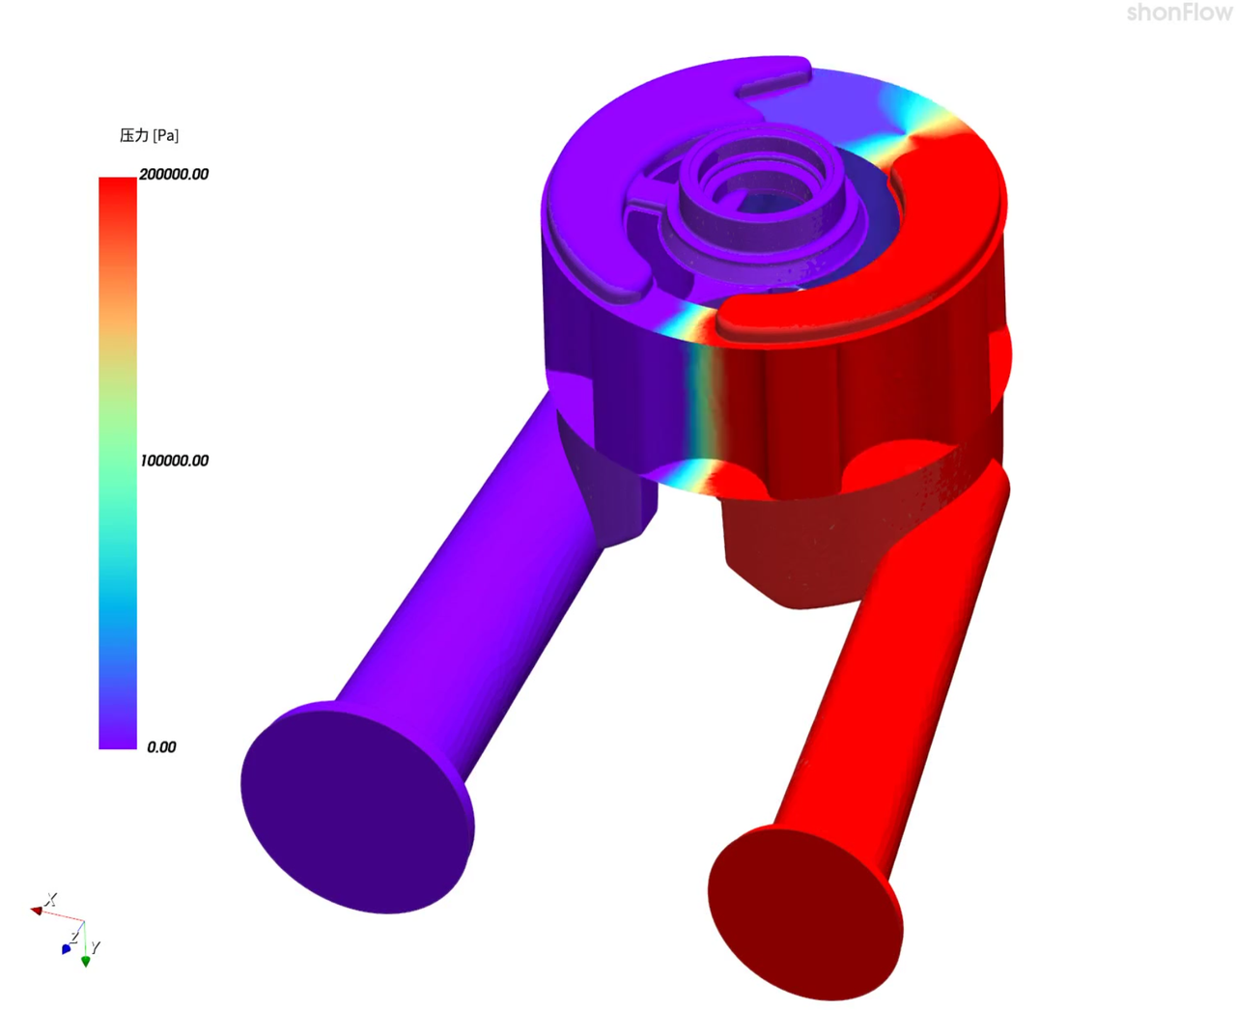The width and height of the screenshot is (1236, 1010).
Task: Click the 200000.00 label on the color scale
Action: [x=174, y=174]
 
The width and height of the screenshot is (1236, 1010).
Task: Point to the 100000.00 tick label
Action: [x=174, y=461]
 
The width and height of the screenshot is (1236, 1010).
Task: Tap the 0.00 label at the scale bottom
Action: [x=161, y=746]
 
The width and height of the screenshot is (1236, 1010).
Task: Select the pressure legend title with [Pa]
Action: [x=149, y=135]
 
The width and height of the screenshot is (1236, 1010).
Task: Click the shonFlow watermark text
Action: [x=1179, y=13]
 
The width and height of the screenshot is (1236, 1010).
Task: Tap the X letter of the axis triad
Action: [x=51, y=899]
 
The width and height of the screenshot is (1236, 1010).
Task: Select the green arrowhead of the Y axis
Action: [x=86, y=961]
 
